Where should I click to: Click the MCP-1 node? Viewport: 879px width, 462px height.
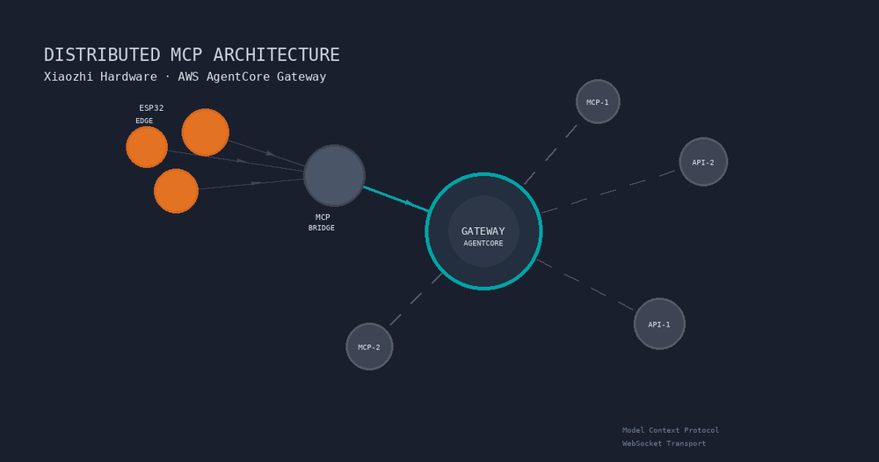point(598,102)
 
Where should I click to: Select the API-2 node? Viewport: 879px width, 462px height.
point(703,162)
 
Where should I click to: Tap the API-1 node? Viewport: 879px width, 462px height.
point(659,324)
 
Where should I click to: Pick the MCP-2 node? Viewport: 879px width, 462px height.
point(369,347)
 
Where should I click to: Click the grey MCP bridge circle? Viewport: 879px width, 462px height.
point(334,175)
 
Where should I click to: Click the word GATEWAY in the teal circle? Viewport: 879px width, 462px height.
point(483,231)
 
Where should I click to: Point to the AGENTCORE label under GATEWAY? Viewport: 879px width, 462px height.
point(483,244)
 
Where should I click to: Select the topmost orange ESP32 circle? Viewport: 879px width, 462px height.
point(206,132)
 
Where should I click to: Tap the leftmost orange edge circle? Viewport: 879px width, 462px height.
point(147,147)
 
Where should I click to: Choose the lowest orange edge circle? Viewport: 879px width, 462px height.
point(176,191)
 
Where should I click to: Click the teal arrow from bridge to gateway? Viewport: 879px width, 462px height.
point(396,198)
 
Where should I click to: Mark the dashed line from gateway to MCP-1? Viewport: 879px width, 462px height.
point(550,155)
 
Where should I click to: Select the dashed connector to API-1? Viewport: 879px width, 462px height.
point(585,284)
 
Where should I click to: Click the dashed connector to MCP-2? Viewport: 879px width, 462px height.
point(415,300)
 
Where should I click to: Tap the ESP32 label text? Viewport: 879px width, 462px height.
point(151,108)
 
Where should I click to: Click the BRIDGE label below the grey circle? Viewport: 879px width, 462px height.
point(321,228)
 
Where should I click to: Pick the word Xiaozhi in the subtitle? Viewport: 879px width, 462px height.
point(70,77)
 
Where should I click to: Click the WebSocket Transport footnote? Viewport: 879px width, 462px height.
point(664,444)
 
